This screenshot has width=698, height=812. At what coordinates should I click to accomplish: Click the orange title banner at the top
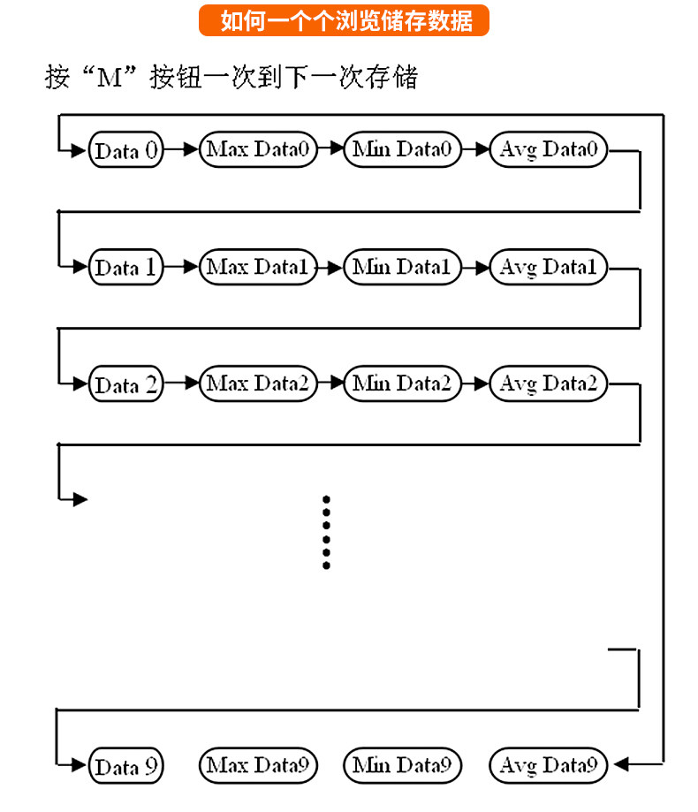click(x=344, y=20)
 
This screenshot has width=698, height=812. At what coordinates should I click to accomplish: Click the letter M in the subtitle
click(x=110, y=79)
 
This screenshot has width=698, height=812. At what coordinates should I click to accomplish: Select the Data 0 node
click(x=125, y=150)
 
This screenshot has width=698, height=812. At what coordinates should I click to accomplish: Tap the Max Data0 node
click(x=258, y=149)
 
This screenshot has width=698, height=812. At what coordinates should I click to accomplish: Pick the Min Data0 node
click(x=402, y=149)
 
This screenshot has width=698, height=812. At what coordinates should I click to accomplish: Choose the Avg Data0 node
click(x=549, y=149)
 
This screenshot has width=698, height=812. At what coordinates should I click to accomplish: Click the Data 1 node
click(x=125, y=267)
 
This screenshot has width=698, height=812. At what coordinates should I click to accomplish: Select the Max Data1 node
click(x=258, y=267)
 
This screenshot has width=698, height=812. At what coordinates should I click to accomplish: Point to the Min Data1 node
click(x=402, y=267)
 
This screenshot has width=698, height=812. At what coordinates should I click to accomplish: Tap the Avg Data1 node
click(x=549, y=267)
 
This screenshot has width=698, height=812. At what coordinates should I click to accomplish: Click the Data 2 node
click(x=125, y=384)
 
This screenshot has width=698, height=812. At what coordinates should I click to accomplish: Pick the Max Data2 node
click(x=258, y=383)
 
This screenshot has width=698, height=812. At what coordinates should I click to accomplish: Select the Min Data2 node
click(x=402, y=383)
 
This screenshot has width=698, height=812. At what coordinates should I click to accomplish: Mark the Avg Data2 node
click(x=549, y=383)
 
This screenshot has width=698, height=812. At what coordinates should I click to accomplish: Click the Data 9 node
click(x=125, y=765)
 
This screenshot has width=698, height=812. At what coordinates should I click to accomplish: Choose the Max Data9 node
click(x=258, y=765)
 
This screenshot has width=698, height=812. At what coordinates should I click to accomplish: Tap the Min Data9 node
click(x=402, y=765)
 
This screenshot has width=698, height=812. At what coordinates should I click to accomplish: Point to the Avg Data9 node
click(x=549, y=765)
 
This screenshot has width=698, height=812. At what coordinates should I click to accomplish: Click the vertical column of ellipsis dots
click(x=326, y=533)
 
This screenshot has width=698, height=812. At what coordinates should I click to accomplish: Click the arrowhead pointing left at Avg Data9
click(x=621, y=763)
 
